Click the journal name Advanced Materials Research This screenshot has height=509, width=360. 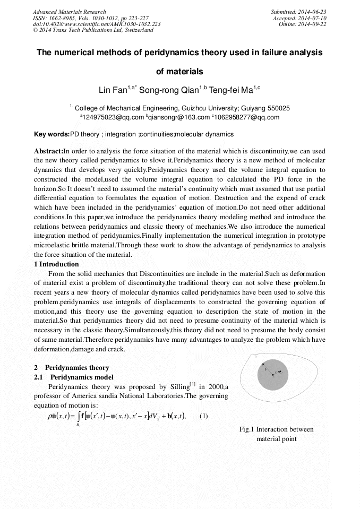point(69,12)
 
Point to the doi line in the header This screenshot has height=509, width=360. point(97,24)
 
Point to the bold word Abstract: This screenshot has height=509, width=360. point(48,151)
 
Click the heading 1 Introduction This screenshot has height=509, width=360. point(56,264)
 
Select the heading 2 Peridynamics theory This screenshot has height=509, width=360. point(72,367)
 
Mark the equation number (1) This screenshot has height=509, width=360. point(203,416)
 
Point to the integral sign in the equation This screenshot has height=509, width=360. point(79,416)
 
